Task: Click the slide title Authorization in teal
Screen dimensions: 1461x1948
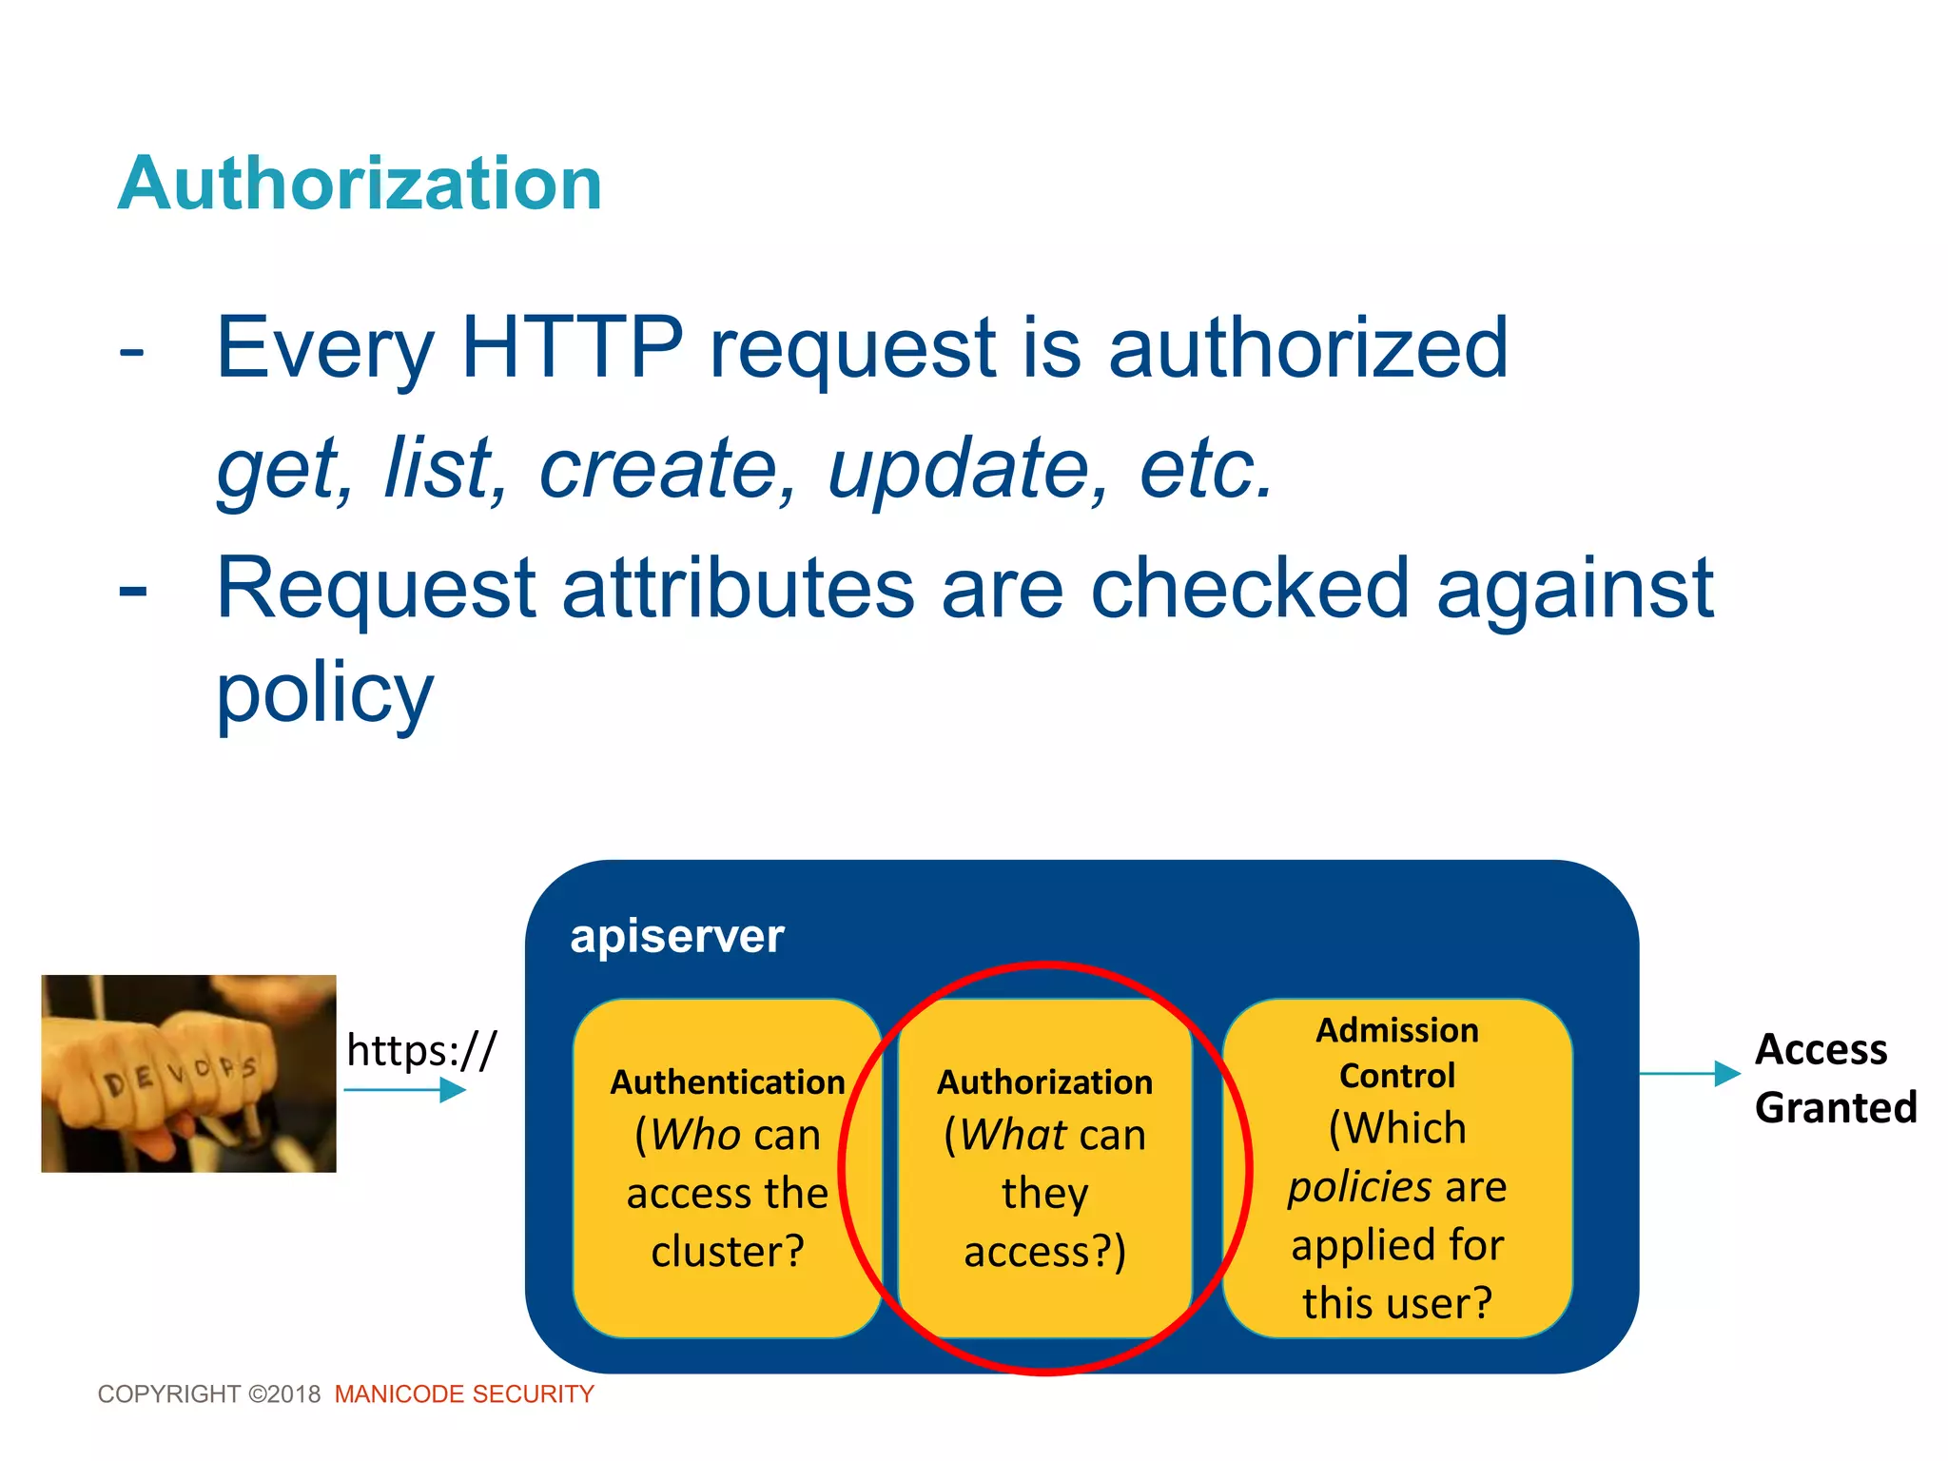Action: point(360,184)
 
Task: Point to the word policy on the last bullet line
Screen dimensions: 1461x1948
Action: point(324,692)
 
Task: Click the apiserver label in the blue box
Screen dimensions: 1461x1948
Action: point(676,936)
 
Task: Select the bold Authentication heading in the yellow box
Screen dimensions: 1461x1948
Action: point(728,1081)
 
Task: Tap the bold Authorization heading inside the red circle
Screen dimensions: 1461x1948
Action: point(1044,1081)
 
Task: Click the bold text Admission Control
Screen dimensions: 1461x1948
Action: point(1396,1053)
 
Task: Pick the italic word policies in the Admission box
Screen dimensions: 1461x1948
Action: point(1359,1187)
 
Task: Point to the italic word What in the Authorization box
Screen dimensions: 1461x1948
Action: point(1013,1135)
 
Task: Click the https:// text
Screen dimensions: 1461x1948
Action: point(421,1050)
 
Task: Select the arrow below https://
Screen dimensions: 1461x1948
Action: point(405,1090)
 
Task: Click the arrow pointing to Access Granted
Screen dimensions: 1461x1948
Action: point(1689,1074)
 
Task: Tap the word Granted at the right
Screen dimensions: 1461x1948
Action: point(1835,1108)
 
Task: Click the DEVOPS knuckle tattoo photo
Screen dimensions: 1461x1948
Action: point(188,1073)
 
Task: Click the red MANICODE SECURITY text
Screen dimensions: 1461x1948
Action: point(464,1394)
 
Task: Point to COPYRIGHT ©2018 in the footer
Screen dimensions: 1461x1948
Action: point(209,1394)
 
